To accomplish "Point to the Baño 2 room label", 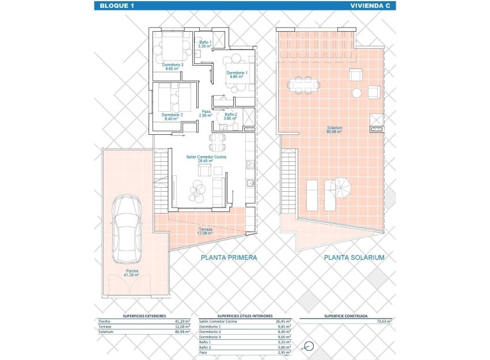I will tap(230, 116).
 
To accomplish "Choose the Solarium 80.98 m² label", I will tap(335, 129).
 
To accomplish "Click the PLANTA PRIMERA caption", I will tap(229, 257).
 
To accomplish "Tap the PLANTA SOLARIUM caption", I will tap(354, 257).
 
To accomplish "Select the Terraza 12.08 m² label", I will tap(205, 230).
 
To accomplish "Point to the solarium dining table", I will tap(303, 85).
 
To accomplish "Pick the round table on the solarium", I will tap(357, 93).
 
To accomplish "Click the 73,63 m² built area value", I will tap(383, 321).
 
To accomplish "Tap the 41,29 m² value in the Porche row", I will tap(182, 321).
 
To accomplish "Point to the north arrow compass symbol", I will tap(309, 347).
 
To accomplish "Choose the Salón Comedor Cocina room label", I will tap(206, 158).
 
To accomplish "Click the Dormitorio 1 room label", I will tap(237, 74).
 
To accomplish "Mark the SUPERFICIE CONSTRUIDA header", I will tap(345, 316).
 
